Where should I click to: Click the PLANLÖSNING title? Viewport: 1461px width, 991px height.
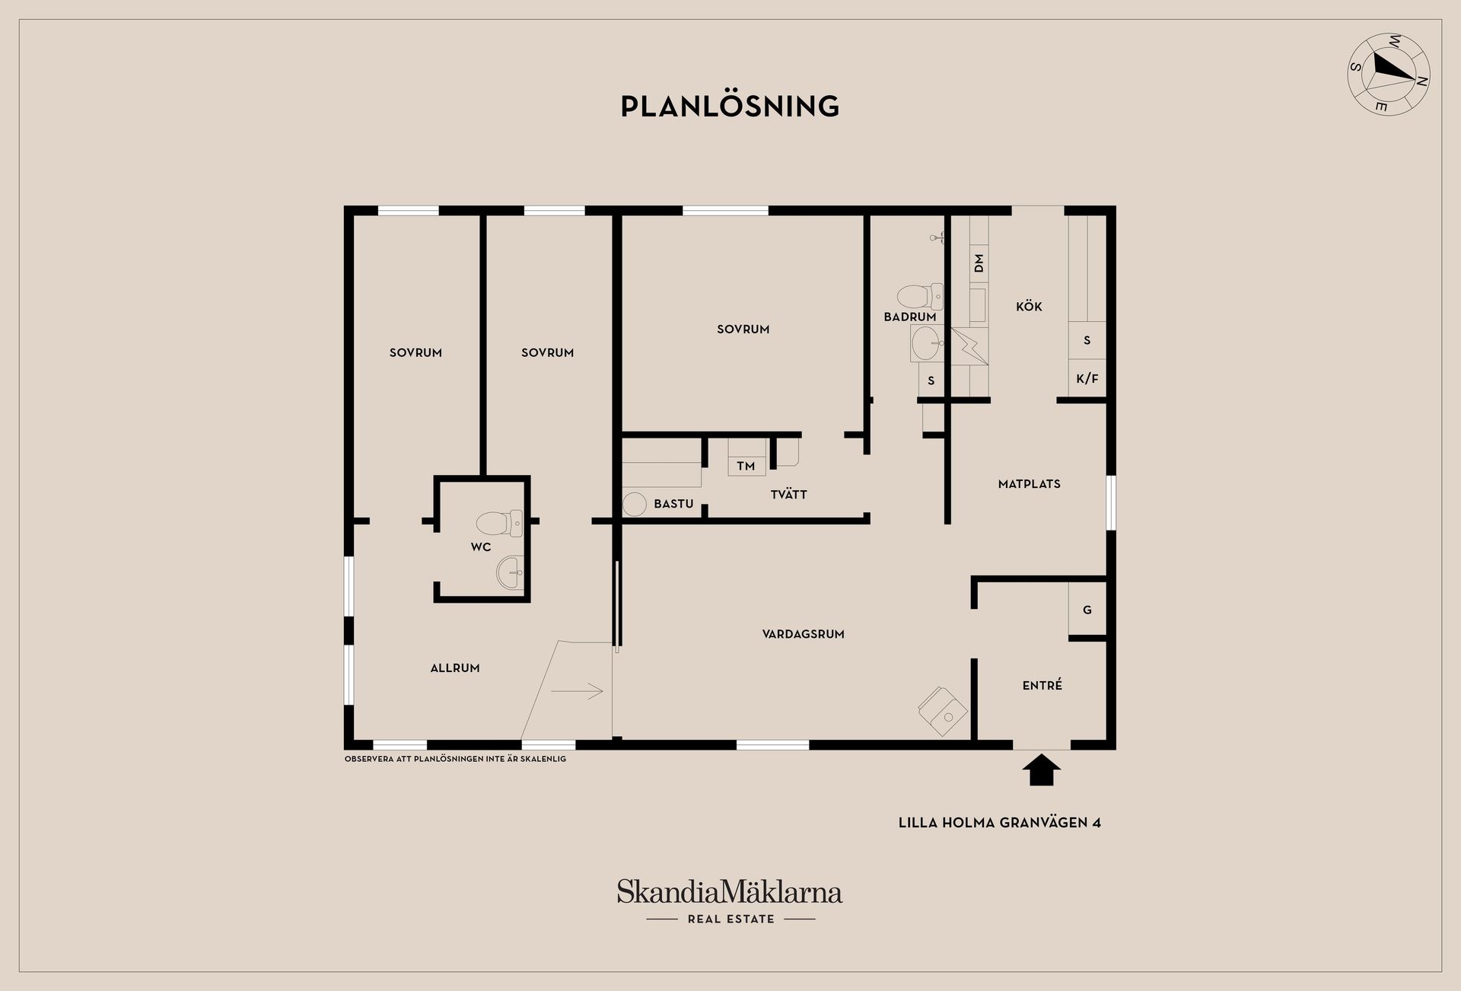(x=730, y=107)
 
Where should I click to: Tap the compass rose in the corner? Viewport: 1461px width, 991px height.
(x=1389, y=74)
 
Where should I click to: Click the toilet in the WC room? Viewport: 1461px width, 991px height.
(x=500, y=524)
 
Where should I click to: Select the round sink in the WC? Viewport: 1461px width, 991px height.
(x=510, y=572)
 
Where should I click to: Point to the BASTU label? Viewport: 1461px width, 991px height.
(x=673, y=504)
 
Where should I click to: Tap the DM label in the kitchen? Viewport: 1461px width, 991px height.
(x=979, y=263)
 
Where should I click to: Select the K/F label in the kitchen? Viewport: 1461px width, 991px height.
(x=1087, y=378)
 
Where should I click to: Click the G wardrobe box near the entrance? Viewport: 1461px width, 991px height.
(x=1087, y=609)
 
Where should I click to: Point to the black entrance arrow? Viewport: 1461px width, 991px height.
(x=1041, y=770)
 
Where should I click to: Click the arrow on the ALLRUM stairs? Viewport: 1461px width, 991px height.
(x=577, y=691)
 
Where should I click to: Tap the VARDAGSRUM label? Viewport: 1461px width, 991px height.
(x=804, y=634)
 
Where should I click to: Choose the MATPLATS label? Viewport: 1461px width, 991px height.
(x=1030, y=484)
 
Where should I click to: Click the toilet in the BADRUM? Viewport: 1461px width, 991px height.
(x=920, y=296)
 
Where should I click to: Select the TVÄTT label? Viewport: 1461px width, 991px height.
(x=788, y=494)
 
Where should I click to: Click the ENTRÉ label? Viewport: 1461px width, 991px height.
(x=1042, y=686)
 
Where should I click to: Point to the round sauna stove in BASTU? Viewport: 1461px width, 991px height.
(x=635, y=504)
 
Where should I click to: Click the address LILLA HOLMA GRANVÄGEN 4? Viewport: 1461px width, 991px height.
(x=1000, y=823)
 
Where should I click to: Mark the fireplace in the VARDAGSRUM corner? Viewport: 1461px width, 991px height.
(x=944, y=711)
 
